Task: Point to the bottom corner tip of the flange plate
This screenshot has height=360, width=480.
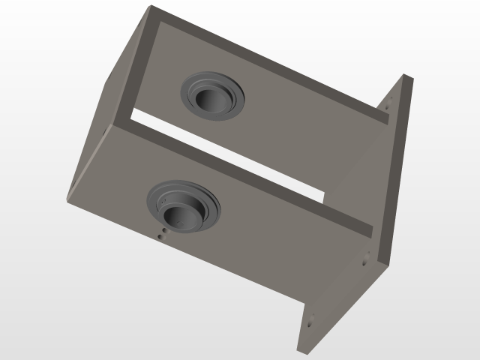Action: pos(299,351)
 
